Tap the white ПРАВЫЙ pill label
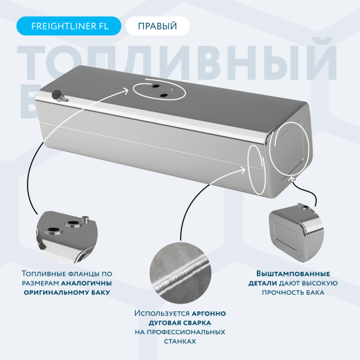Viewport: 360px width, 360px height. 157,26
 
